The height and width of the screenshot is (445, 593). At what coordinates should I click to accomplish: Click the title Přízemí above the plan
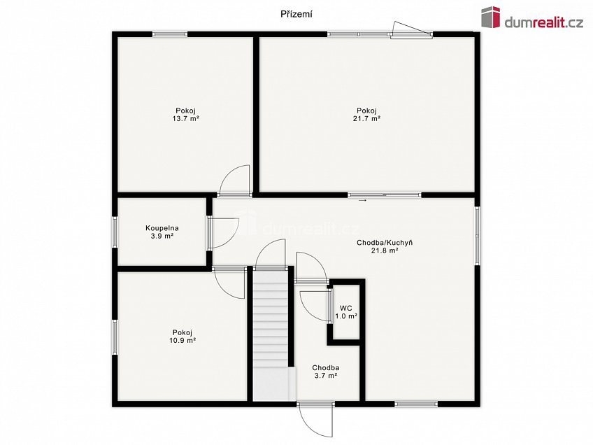coord(296,15)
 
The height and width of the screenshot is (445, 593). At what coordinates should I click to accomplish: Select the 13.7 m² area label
coord(186,118)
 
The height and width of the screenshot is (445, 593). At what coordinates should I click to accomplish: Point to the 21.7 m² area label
coord(366,118)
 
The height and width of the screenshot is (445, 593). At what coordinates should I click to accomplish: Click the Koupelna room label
coord(162,228)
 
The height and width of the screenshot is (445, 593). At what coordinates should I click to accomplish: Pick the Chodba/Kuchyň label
coord(385,243)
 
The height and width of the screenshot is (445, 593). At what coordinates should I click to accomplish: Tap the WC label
coord(346,309)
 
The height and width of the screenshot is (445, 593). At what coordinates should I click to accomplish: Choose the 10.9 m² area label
coord(183,341)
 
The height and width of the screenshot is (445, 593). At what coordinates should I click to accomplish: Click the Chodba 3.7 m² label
coord(325,372)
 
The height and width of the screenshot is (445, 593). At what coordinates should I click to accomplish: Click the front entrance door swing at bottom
coord(316,421)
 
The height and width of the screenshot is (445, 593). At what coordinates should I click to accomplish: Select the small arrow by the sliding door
coord(362,200)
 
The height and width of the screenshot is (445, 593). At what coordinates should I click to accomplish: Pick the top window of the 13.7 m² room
coord(170,34)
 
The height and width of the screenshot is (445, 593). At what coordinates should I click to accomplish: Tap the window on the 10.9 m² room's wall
coord(115,337)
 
